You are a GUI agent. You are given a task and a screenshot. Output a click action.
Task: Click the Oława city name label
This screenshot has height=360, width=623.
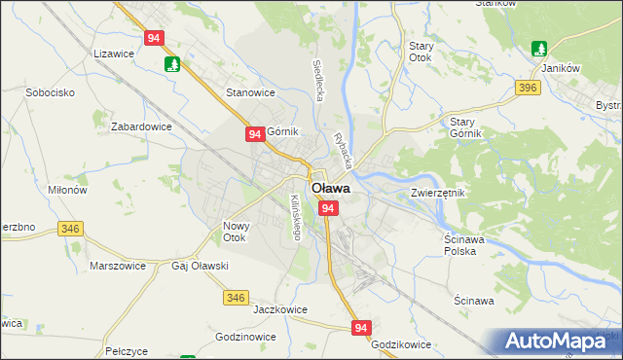click(330, 189)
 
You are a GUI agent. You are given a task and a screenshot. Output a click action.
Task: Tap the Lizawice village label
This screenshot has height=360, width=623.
click(114, 55)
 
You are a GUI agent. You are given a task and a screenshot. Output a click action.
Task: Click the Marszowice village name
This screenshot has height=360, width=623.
click(117, 265)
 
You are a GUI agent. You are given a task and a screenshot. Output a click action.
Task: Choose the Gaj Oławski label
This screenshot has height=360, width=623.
click(200, 266)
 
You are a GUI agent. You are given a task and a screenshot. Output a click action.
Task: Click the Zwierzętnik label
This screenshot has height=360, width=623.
click(438, 193)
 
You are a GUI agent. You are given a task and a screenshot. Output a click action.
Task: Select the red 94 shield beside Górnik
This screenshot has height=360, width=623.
click(254, 134)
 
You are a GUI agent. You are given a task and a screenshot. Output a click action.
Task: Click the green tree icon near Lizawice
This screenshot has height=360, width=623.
click(172, 64)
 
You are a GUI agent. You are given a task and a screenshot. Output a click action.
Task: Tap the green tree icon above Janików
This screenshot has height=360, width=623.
click(539, 48)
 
